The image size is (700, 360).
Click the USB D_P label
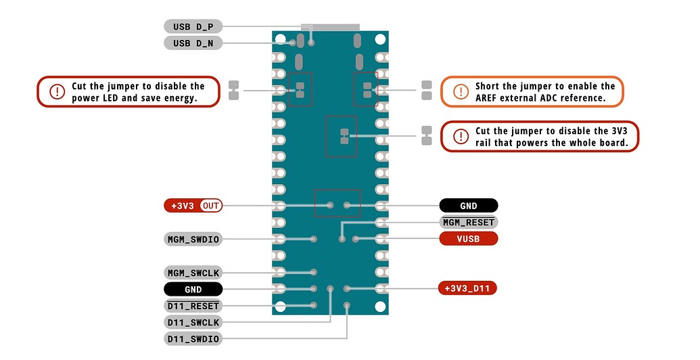193,26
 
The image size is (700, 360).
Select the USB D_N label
193,43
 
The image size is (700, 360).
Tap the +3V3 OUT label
193,206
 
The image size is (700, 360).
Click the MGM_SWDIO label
193,239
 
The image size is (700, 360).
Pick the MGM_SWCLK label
193,273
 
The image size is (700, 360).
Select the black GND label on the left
193,290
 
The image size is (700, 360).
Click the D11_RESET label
193,306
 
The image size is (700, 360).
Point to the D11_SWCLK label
193,323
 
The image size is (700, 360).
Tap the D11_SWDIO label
193,339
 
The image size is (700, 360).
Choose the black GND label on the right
468,206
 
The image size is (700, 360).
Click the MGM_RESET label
468,222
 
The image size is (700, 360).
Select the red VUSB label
468,239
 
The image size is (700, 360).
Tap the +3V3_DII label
468,289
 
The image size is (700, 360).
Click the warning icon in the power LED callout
55,91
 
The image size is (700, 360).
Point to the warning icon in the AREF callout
460,91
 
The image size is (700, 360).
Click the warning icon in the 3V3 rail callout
460,136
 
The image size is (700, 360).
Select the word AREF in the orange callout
488,98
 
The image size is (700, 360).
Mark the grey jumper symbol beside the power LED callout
234,90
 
